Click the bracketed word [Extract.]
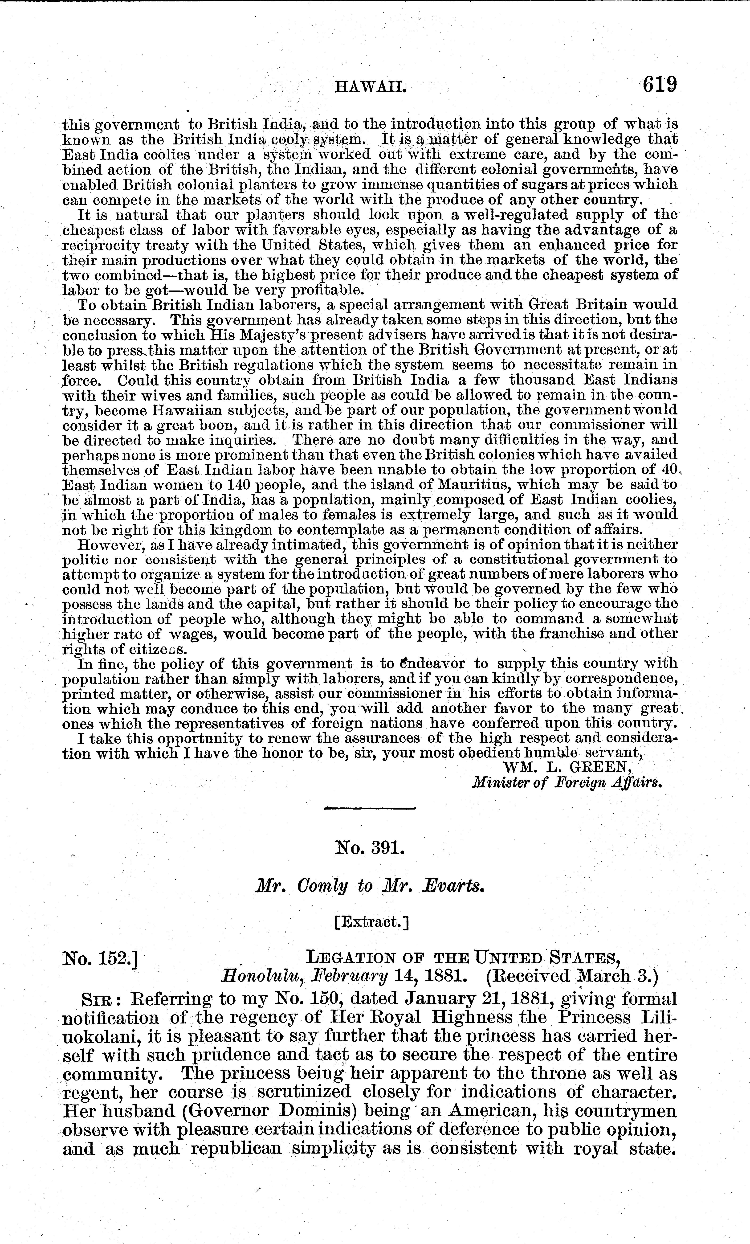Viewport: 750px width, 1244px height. coord(371,922)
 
